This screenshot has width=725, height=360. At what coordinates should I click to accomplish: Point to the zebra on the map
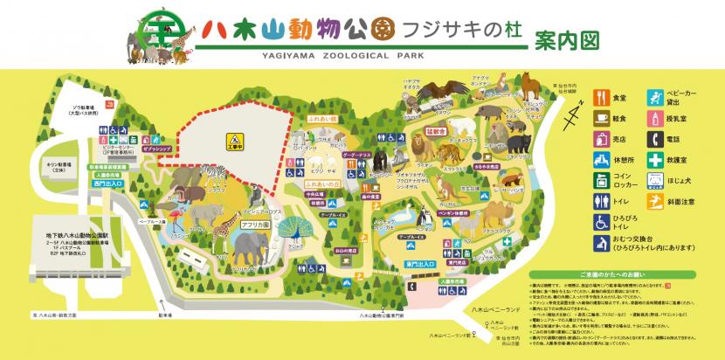click(213, 174)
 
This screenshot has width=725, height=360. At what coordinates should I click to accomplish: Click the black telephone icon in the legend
click(654, 138)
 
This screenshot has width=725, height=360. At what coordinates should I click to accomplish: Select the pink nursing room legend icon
click(654, 116)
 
